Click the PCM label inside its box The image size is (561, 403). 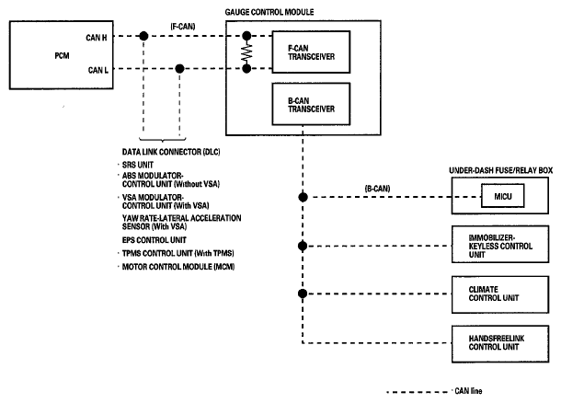coord(62,56)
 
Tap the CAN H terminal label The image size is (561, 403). coord(97,38)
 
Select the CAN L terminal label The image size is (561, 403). coord(98,70)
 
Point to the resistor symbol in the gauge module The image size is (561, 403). coord(246,52)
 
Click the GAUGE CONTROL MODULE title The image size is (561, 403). coord(269,12)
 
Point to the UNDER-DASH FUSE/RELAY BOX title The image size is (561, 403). coord(501,170)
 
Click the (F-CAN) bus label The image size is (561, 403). coord(183,27)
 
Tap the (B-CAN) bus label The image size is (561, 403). coord(377,189)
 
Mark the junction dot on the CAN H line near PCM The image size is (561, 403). coord(143,36)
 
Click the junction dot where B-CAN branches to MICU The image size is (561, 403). coord(303,197)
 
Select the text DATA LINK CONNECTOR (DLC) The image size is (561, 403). coord(171,152)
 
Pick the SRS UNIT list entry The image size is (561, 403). coord(138,165)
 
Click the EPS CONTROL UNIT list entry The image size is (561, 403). coord(155,240)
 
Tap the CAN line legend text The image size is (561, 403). coord(468,391)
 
